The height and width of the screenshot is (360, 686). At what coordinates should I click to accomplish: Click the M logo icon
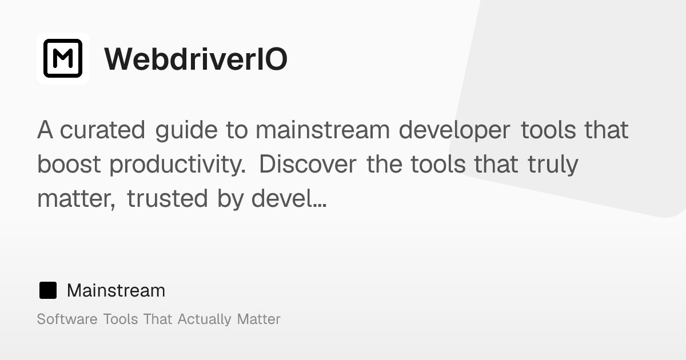63,58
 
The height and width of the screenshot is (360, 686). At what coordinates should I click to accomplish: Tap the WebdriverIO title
196,59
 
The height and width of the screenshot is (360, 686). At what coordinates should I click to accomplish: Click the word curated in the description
102,130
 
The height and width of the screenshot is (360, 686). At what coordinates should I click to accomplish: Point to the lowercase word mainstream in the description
323,130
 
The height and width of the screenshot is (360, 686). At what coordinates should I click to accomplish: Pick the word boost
69,165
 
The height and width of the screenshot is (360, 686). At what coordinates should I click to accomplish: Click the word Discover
308,165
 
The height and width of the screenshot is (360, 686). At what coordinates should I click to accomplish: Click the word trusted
167,198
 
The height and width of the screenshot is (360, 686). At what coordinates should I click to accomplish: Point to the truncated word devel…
289,198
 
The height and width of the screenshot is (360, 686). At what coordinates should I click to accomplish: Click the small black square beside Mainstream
48,290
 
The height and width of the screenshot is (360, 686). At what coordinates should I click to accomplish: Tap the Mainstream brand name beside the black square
116,290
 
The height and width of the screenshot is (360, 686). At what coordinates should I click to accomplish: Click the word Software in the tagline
67,319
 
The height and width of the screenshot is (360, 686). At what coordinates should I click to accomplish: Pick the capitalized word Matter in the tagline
259,319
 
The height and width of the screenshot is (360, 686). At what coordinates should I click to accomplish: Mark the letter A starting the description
45,130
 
